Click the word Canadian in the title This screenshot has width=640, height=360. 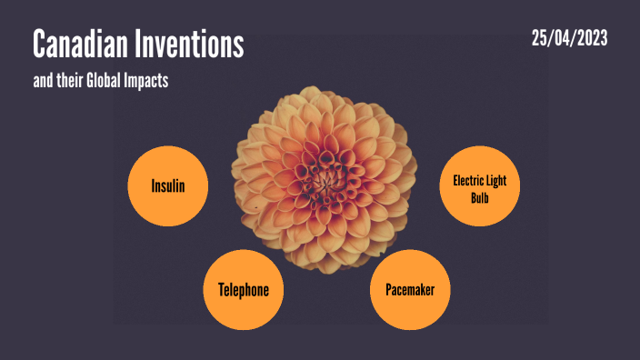76,44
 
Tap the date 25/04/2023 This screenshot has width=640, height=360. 569,38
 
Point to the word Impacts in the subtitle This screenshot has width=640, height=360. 149,81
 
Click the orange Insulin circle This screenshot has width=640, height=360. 168,185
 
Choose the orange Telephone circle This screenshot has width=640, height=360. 244,290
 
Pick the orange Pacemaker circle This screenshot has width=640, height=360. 410,290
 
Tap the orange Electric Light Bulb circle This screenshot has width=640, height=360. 480,187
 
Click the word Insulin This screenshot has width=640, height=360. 168,185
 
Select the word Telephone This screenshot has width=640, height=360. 244,290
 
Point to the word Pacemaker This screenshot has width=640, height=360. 410,290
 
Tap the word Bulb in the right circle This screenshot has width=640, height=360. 480,195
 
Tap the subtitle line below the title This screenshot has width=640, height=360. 101,81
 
